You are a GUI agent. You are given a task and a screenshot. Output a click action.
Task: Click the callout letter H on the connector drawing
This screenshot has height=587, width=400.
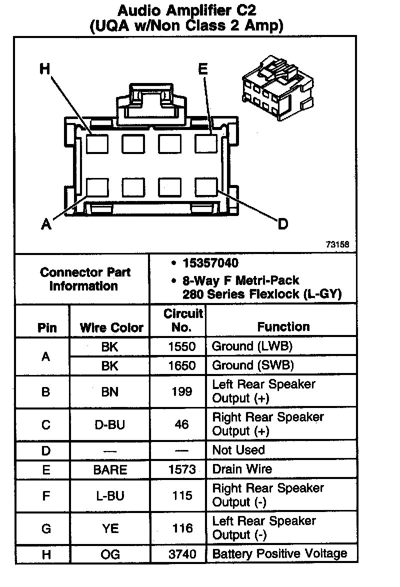45,69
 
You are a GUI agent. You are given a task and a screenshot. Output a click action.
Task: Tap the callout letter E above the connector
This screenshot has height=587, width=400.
202,69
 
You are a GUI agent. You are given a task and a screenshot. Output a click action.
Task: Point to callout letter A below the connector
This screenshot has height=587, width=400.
46,225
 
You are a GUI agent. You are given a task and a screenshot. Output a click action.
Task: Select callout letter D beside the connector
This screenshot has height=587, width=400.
283,224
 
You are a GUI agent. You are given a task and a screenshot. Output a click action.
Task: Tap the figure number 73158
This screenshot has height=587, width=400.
337,245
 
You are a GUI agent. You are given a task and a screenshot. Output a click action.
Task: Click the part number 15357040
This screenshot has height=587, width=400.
210,263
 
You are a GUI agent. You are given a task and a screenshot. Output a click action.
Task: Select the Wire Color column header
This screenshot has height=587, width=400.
111,328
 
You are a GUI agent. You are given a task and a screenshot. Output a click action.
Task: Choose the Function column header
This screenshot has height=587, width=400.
283,327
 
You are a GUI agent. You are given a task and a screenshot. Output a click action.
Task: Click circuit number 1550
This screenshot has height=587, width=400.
182,346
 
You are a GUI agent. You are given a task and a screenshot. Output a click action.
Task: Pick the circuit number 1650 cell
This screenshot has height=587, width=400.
182,366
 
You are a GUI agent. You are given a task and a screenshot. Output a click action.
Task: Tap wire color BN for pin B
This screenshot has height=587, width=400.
109,391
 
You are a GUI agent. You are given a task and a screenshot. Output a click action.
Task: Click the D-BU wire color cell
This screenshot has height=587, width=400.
109,425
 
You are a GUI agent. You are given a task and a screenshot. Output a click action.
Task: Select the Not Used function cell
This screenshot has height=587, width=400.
238,450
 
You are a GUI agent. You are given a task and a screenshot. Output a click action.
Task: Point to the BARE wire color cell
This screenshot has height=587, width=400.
110,470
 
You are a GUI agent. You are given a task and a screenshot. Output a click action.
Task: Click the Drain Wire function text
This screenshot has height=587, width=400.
242,469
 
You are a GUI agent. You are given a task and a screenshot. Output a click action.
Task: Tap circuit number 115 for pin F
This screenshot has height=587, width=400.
182,495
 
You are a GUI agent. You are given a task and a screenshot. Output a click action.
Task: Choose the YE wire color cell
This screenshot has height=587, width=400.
109,528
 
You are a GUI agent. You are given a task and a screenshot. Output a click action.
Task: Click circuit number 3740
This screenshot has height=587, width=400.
182,554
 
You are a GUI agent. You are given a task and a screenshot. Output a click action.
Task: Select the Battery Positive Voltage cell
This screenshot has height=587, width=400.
279,554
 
